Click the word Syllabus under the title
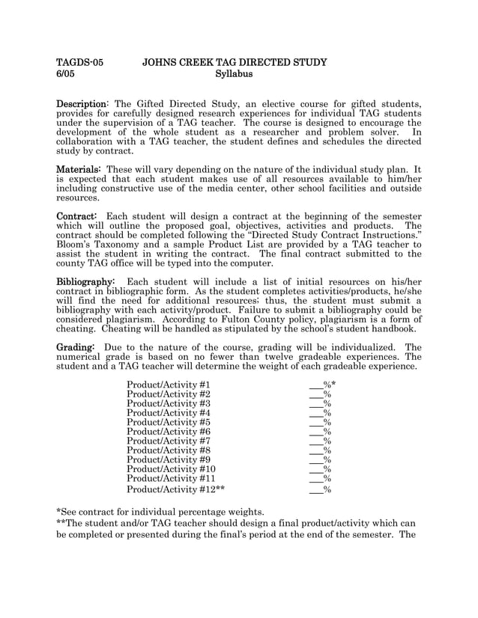pos(234,74)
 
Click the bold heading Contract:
pos(77,215)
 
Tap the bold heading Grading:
pos(76,347)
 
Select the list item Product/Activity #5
pos(169,422)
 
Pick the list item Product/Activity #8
pos(169,450)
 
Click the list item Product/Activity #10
pos(172,469)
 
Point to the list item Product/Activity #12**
pos(176,489)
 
